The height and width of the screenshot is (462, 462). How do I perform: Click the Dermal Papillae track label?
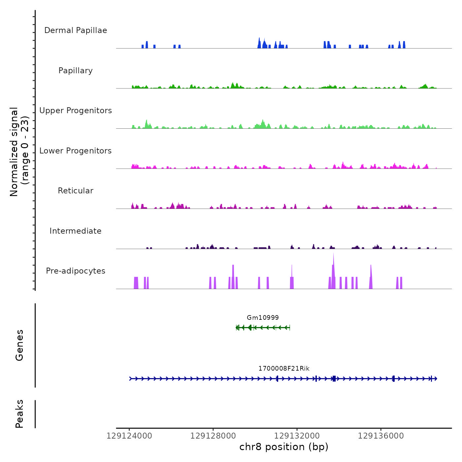pos(76,30)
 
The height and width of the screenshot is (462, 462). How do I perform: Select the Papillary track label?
pos(76,71)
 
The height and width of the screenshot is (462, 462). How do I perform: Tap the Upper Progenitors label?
pos(76,111)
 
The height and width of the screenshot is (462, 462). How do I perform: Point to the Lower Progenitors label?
pos(76,151)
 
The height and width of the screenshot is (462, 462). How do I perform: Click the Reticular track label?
pos(76,191)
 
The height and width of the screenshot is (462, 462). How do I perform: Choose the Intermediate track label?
pos(76,231)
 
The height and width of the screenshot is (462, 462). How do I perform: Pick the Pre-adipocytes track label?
pos(76,271)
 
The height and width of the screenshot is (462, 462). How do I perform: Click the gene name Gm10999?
pos(263,317)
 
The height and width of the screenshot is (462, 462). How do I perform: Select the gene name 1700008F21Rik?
pos(284,368)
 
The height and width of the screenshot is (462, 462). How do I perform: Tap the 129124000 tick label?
pos(129,436)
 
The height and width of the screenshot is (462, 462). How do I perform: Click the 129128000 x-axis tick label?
pos(213,436)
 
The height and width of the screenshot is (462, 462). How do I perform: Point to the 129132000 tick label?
pos(297,436)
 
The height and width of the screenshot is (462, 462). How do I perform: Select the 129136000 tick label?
pos(381,436)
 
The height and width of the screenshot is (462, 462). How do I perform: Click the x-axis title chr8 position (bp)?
pos(284,447)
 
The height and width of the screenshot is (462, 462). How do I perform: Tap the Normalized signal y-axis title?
pos(19,151)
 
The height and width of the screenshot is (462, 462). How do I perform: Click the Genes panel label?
pos(19,345)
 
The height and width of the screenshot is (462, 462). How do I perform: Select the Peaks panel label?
pos(19,414)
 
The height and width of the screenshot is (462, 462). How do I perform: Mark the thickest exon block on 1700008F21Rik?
pos(334,379)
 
